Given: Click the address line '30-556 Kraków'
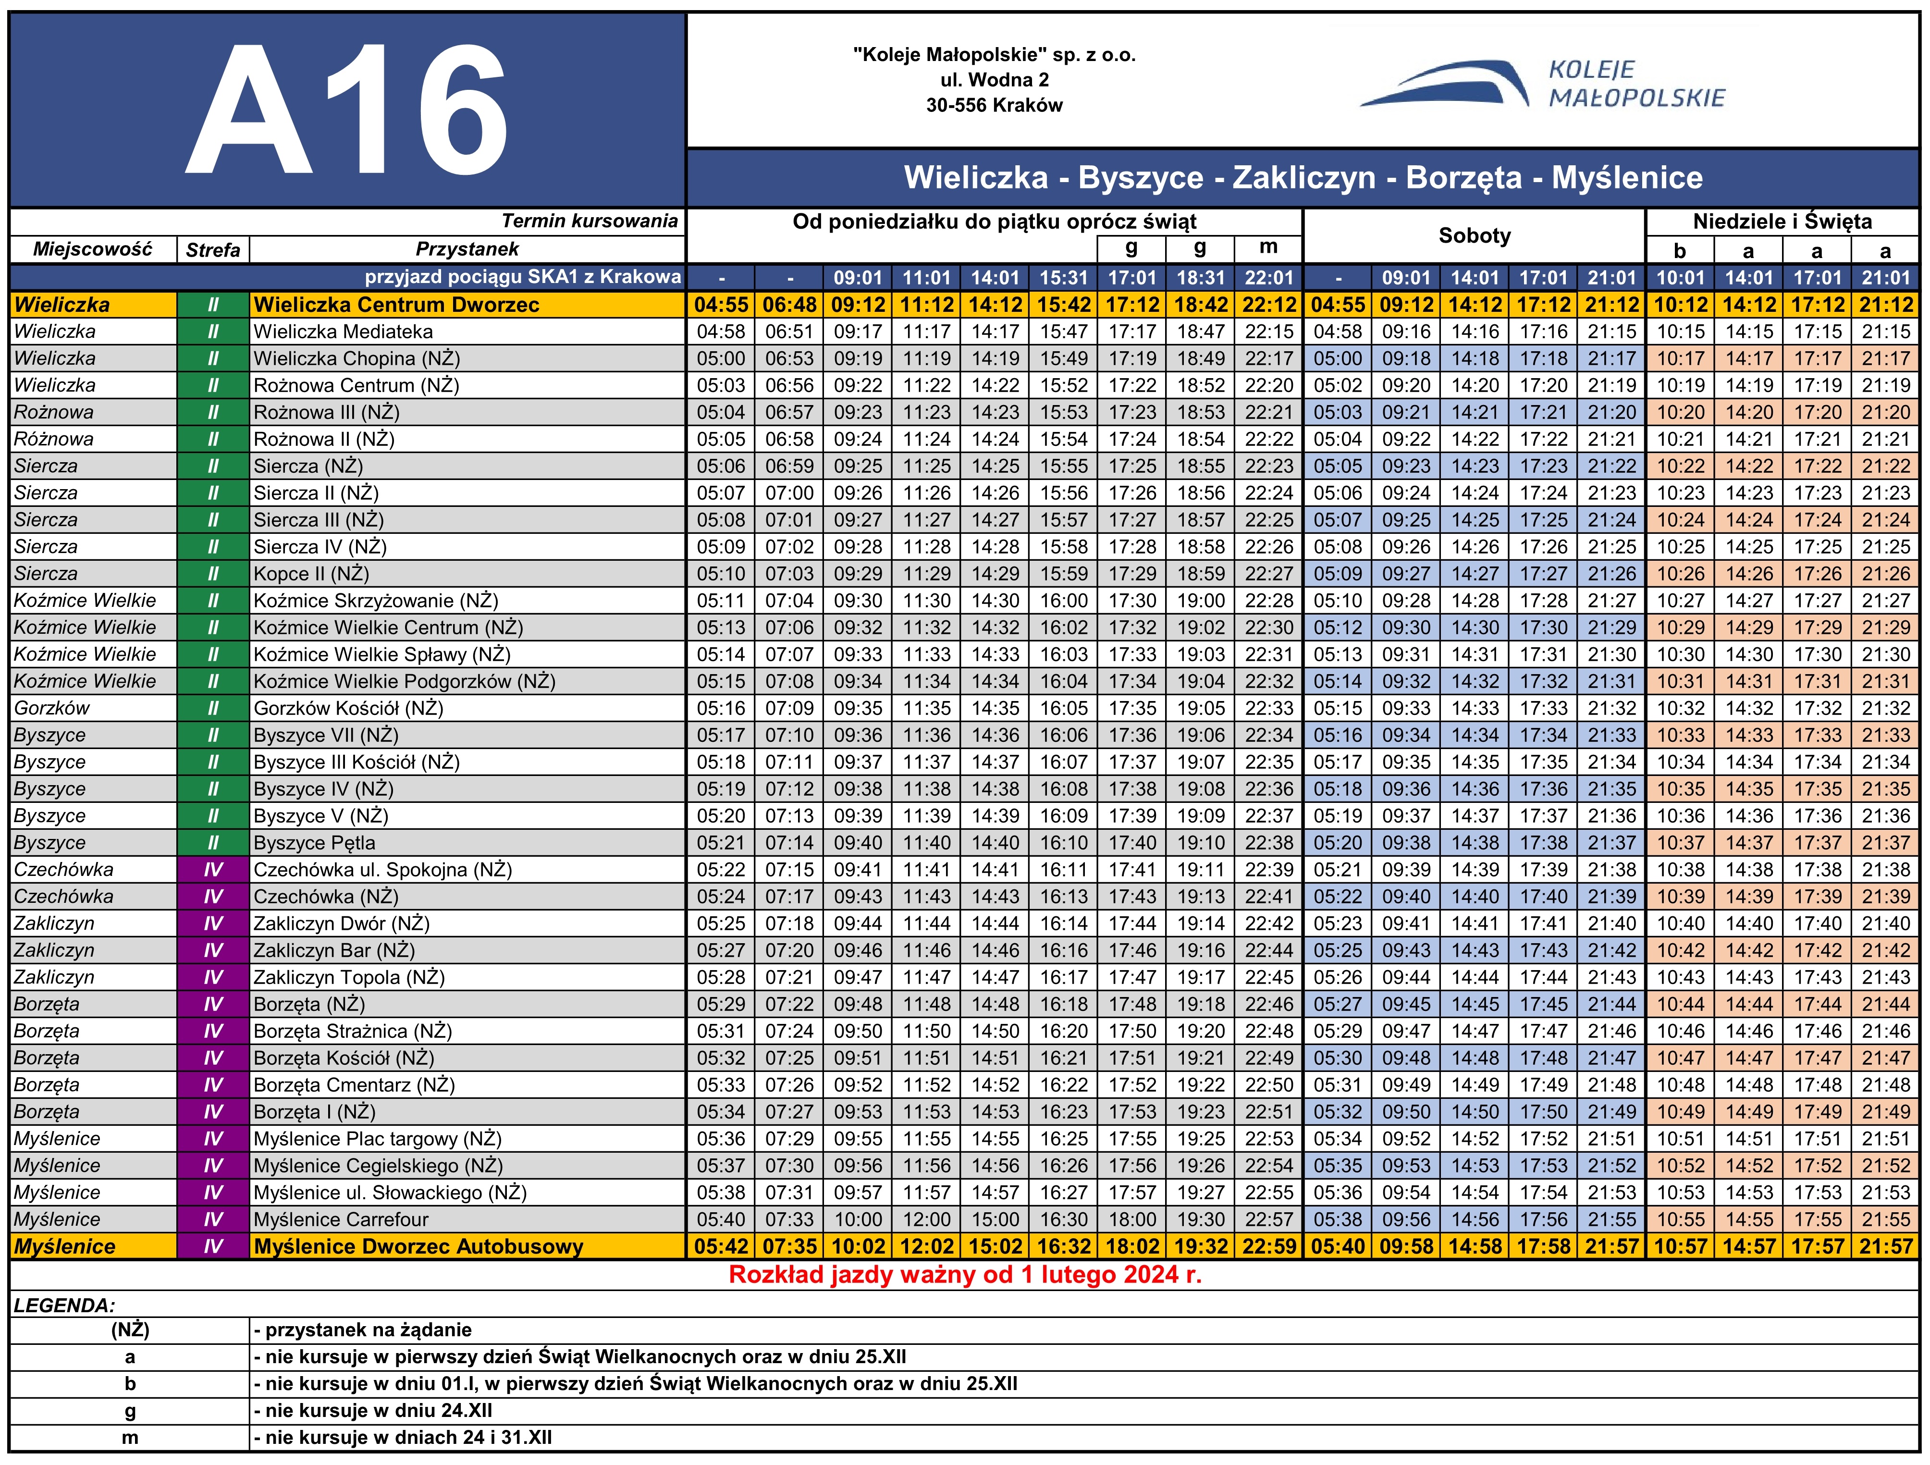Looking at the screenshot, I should (994, 106).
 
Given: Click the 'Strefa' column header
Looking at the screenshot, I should (213, 249).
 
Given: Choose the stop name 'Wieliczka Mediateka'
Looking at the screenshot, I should (343, 332).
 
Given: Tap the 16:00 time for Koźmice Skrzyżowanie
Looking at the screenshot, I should (1064, 600).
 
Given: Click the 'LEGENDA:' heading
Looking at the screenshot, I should (64, 1305).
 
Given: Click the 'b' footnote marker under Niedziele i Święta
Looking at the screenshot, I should (1680, 251).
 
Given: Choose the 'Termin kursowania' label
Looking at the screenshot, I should (590, 221).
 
